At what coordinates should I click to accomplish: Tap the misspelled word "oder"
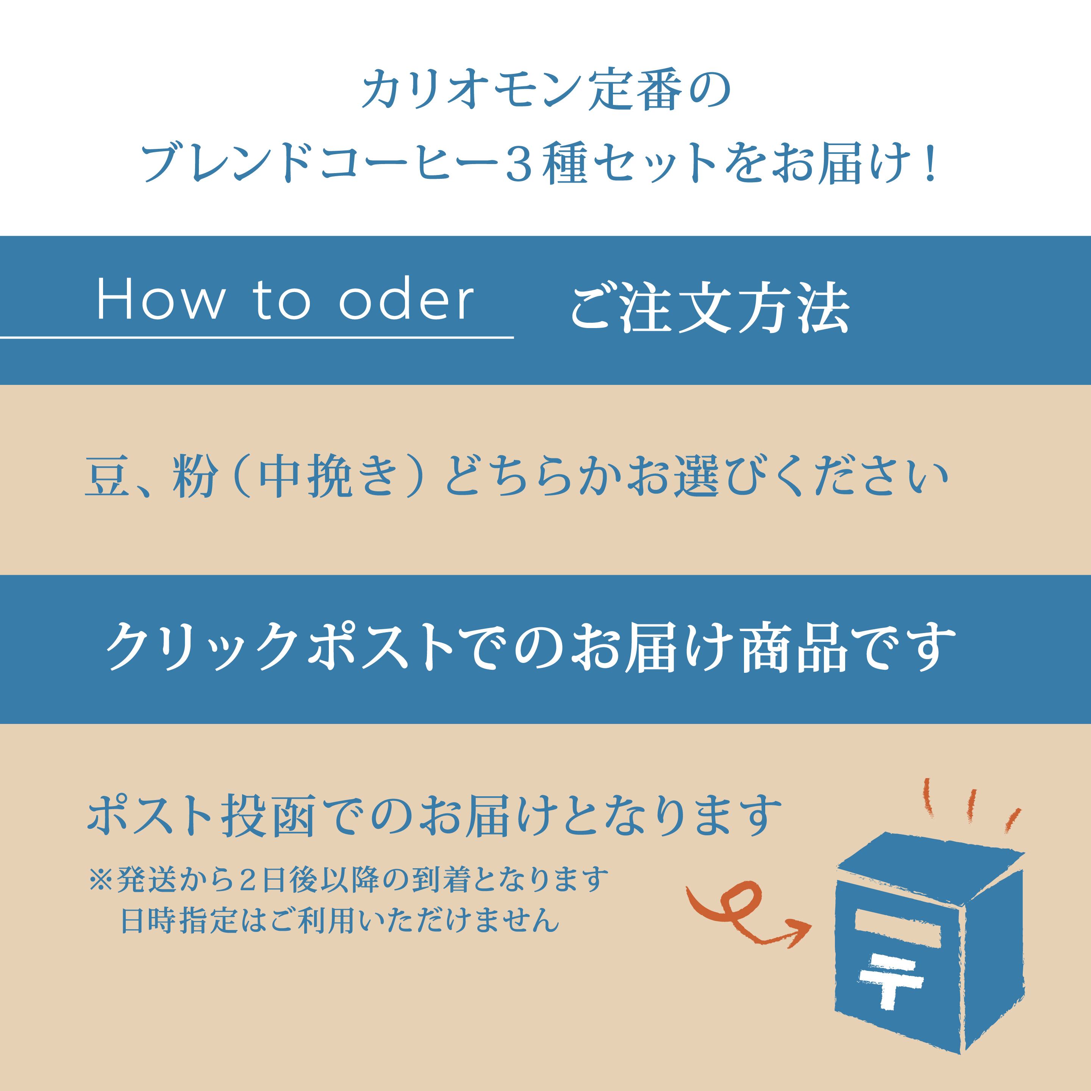(x=406, y=300)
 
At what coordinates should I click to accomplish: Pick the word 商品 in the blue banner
(x=793, y=647)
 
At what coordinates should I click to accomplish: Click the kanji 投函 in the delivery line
(x=268, y=816)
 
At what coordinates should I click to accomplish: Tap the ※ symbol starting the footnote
(x=102, y=879)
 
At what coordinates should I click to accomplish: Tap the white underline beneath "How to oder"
(x=257, y=338)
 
